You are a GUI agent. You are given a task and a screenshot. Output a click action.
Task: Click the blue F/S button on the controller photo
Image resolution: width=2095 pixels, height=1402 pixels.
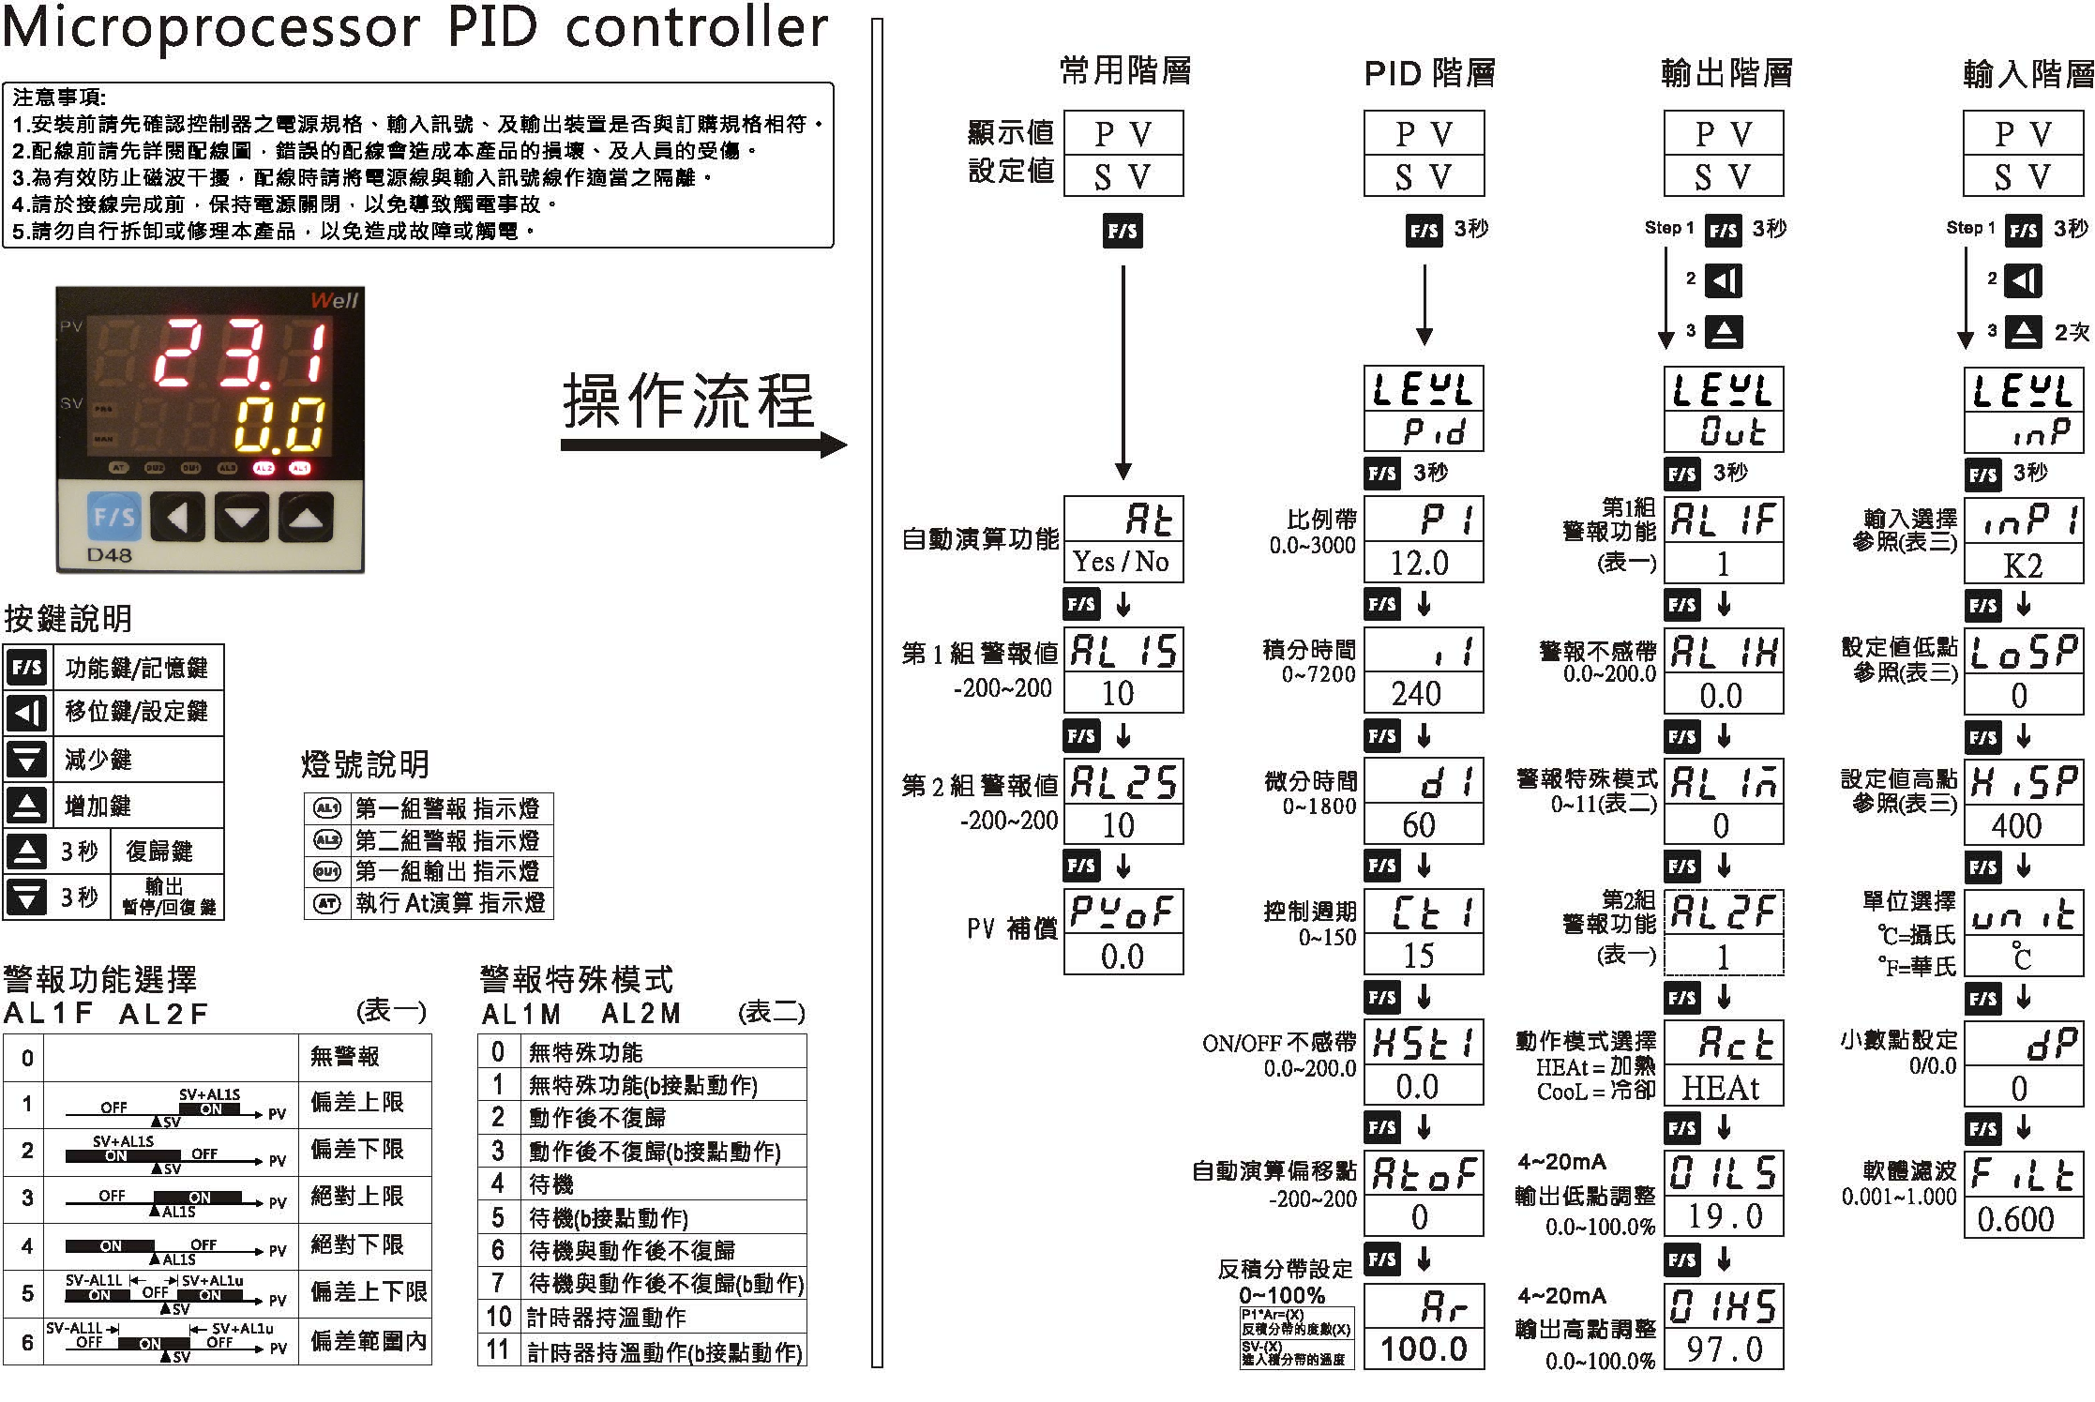point(114,517)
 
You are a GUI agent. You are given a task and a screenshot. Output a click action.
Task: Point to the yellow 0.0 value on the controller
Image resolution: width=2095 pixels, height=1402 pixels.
point(280,424)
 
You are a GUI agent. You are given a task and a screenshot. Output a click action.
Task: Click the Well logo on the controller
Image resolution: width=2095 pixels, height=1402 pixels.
point(335,300)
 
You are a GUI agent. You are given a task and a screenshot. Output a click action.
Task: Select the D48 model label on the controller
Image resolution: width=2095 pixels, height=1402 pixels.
point(109,555)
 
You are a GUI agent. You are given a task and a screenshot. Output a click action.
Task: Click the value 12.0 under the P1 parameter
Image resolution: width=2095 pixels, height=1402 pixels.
point(1421,563)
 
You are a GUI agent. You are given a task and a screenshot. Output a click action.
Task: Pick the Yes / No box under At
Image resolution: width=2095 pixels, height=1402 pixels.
point(1122,562)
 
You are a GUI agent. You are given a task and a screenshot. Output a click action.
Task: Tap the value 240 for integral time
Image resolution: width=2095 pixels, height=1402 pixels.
point(1417,694)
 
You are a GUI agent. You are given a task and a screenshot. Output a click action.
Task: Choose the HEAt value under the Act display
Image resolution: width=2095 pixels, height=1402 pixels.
point(1721,1088)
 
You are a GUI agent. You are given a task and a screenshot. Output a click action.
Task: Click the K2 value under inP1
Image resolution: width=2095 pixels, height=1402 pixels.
point(2022,565)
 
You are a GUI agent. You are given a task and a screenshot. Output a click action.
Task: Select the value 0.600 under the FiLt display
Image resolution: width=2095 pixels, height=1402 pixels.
point(2016,1219)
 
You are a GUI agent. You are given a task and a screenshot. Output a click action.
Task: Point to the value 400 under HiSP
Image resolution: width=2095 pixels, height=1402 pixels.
point(2017,825)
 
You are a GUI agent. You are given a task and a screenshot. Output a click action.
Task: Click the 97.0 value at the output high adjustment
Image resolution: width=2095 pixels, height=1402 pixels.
point(1724,1349)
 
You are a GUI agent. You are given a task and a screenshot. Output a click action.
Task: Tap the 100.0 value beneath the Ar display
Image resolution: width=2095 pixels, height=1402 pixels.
point(1424,1349)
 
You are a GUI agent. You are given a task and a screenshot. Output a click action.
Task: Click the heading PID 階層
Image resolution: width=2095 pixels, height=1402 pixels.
point(1429,73)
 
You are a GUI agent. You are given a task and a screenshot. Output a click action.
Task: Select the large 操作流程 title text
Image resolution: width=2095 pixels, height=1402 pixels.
point(689,401)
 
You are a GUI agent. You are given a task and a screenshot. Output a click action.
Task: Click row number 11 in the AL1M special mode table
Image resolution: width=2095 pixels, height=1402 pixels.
point(498,1350)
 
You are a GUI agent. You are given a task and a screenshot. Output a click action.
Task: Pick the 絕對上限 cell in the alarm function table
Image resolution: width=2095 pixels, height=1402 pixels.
point(357,1198)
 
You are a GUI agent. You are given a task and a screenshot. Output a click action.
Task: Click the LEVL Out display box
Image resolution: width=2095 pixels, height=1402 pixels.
point(1724,410)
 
